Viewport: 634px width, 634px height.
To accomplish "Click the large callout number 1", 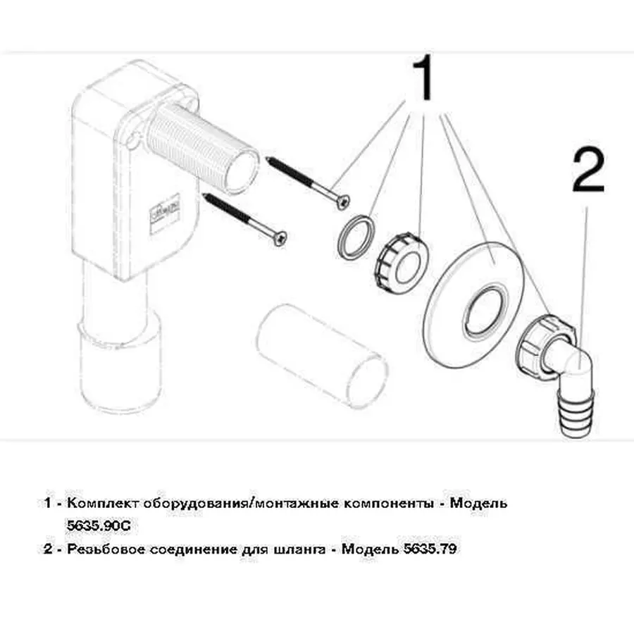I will click(x=425, y=78).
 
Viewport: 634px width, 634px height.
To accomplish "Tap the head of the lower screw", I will click(x=280, y=239).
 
